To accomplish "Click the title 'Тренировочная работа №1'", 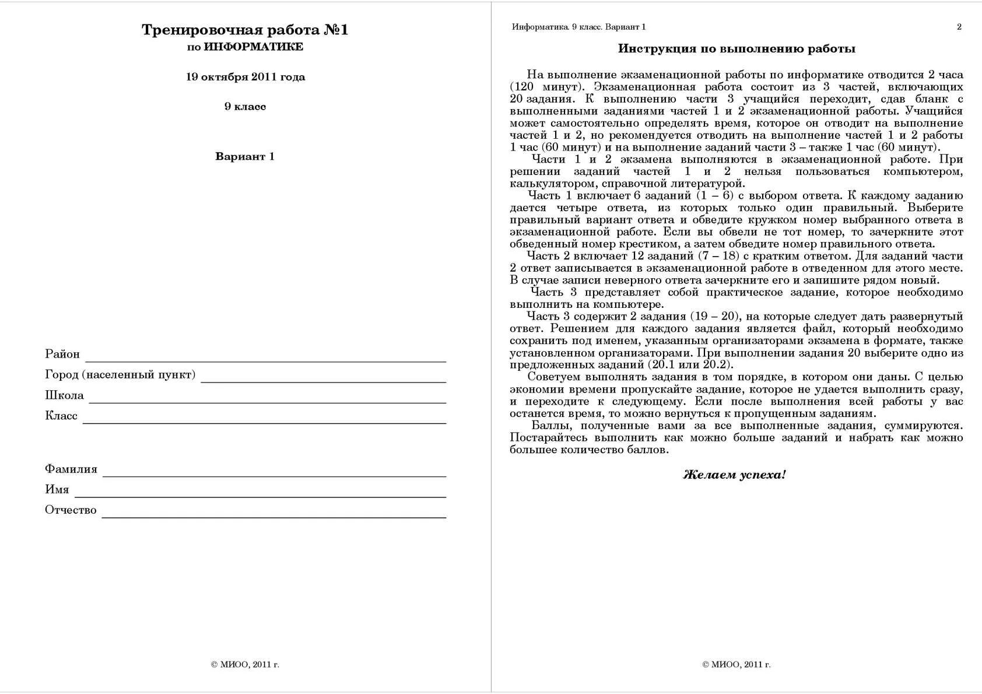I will pos(245,30).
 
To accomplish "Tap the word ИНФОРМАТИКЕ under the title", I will pos(253,47).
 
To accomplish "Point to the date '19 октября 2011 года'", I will pos(246,77).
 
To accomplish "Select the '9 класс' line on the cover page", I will pos(245,107).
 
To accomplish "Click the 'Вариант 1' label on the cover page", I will pos(245,156).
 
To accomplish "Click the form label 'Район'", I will pos(62,354).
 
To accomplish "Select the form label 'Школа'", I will pos(64,395).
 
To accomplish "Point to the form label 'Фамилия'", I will pos(71,469).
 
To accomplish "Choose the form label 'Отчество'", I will pos(71,510).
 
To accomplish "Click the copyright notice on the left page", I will pos(245,664).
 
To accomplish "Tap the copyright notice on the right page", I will pos(736,664).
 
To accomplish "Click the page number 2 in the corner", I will pos(959,27).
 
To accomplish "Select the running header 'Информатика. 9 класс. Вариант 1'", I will pos(578,27).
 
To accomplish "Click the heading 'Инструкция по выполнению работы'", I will pos(737,49).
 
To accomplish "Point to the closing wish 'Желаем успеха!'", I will pos(734,475).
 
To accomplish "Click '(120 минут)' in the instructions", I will pos(547,87).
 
